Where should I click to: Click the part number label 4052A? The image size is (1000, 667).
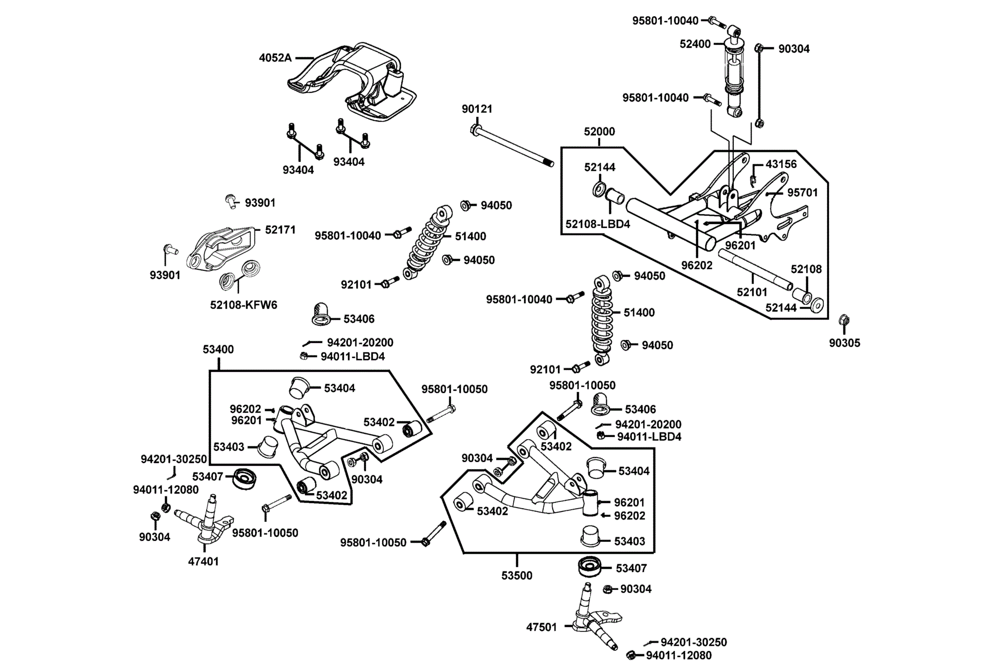[x=275, y=58]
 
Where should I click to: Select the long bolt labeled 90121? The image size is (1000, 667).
[x=512, y=147]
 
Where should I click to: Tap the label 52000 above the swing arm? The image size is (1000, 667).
[x=599, y=132]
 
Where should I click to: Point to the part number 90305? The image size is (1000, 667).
[x=844, y=343]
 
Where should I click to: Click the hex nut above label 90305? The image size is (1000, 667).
[x=843, y=320]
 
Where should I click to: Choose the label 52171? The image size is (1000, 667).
[x=280, y=230]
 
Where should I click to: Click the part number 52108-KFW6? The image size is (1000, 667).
[x=243, y=305]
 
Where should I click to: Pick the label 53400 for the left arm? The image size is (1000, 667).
[x=218, y=349]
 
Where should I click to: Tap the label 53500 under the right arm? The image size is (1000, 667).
[x=517, y=576]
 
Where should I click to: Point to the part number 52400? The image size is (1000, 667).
[x=695, y=44]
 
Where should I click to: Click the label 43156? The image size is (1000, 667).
[x=781, y=164]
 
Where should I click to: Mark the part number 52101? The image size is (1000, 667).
[x=752, y=292]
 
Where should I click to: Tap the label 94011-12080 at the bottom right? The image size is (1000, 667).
[x=678, y=655]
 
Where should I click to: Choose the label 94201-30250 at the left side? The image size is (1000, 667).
[x=173, y=459]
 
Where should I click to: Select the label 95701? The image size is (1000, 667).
[x=802, y=192]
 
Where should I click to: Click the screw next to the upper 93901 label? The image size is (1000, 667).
[x=231, y=201]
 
